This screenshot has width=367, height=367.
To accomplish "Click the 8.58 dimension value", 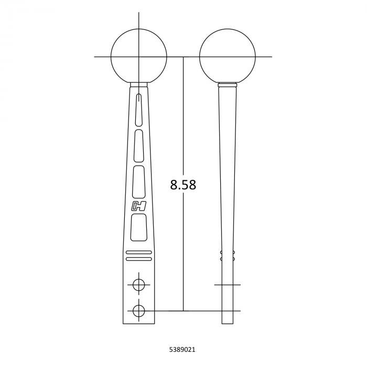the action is pyautogui.click(x=183, y=185).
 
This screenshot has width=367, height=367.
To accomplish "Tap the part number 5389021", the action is pyautogui.click(x=182, y=350).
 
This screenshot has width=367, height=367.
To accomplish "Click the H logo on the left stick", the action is pyautogui.click(x=138, y=206).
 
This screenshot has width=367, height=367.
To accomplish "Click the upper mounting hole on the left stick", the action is pyautogui.click(x=138, y=285).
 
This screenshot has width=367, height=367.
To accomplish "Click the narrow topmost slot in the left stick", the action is pyautogui.click(x=139, y=109).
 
